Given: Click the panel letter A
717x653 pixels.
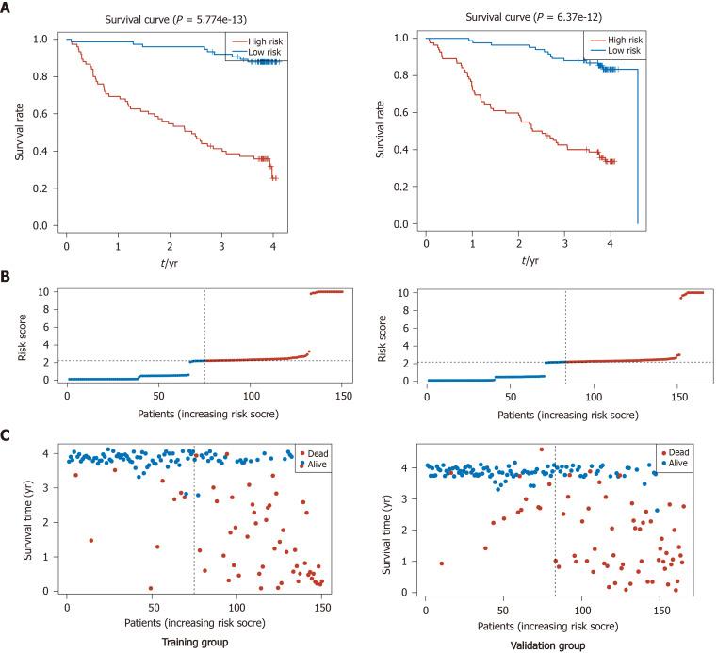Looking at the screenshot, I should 8,8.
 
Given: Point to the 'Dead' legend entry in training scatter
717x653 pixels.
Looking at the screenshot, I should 316,447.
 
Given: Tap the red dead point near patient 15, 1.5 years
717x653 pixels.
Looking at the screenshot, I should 90,541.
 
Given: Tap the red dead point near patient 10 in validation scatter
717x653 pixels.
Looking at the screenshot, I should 441,563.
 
